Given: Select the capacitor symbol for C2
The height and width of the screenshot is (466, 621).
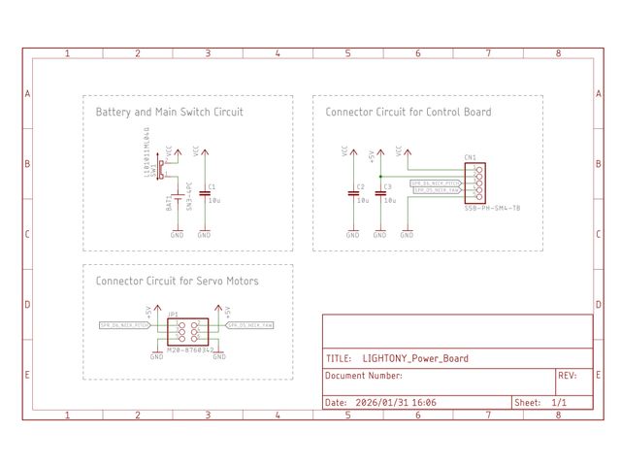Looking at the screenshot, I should pos(353,192).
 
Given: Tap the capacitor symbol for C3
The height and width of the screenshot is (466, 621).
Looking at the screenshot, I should pos(380,192).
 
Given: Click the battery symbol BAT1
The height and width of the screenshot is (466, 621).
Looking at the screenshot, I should pos(177,201).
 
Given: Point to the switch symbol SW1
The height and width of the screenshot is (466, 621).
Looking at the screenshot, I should pos(162,170).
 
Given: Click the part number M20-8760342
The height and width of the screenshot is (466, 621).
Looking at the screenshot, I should pos(190,349).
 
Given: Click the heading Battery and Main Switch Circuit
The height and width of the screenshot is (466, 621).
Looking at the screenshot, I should pos(169,113).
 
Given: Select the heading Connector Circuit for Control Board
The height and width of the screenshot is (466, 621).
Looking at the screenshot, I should pos(408,113).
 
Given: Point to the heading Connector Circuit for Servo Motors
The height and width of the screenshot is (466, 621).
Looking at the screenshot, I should pos(177,282).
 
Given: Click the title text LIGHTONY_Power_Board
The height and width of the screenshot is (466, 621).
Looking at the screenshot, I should pos(414,358).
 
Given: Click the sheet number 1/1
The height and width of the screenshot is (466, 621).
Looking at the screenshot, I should pos(559,402).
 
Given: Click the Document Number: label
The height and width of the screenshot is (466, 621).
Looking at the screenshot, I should pos(364,376).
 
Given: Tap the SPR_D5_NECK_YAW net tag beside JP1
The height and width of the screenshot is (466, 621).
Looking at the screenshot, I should pos(251,325).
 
